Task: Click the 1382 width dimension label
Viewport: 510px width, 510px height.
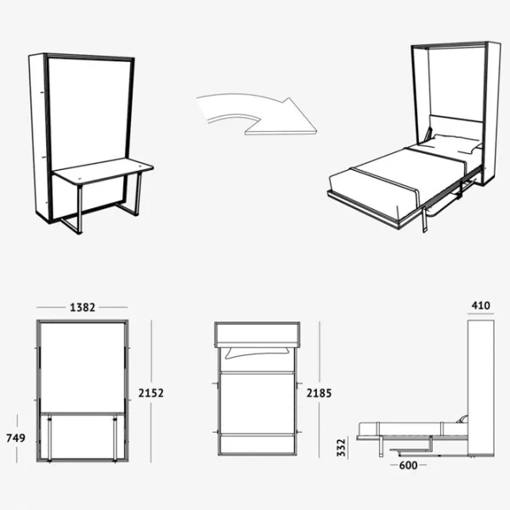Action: pyautogui.click(x=82, y=308)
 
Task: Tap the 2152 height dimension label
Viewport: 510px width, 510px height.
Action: pyautogui.click(x=151, y=394)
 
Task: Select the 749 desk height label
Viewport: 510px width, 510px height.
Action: pyautogui.click(x=15, y=438)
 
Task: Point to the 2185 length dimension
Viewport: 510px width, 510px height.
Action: pyautogui.click(x=319, y=394)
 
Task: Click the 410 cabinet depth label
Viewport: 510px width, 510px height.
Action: pyautogui.click(x=481, y=306)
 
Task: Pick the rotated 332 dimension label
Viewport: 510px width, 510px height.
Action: pyautogui.click(x=341, y=448)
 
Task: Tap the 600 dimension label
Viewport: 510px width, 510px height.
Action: pyautogui.click(x=408, y=466)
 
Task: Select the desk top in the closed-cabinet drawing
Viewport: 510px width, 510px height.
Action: pyautogui.click(x=104, y=171)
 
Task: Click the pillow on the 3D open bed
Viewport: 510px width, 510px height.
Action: pyautogui.click(x=454, y=143)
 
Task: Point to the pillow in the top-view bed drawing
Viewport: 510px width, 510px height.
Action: pyautogui.click(x=258, y=353)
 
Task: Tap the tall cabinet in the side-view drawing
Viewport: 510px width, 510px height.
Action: pyautogui.click(x=481, y=388)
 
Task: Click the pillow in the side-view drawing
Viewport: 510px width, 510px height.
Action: pyautogui.click(x=462, y=419)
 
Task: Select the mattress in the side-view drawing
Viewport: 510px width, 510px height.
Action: pyautogui.click(x=413, y=428)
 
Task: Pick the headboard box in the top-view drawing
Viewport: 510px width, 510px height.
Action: pyautogui.click(x=258, y=334)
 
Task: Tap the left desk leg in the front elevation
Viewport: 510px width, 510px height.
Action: pyautogui.click(x=50, y=438)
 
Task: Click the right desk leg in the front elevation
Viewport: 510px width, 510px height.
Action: pyautogui.click(x=115, y=438)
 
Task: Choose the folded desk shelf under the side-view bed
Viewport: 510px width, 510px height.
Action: pyautogui.click(x=411, y=450)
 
